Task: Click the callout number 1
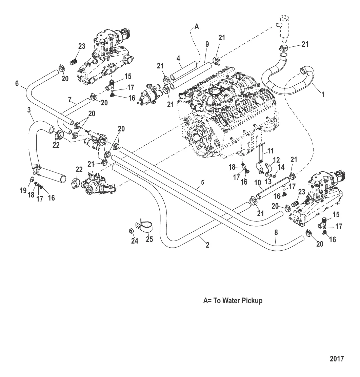pos(323,95)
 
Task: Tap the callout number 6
pos(17,83)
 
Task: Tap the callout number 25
pos(149,239)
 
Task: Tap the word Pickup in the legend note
pos(251,301)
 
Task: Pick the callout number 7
pos(70,100)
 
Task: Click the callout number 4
pos(179,58)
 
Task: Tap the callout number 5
pos(202,183)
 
